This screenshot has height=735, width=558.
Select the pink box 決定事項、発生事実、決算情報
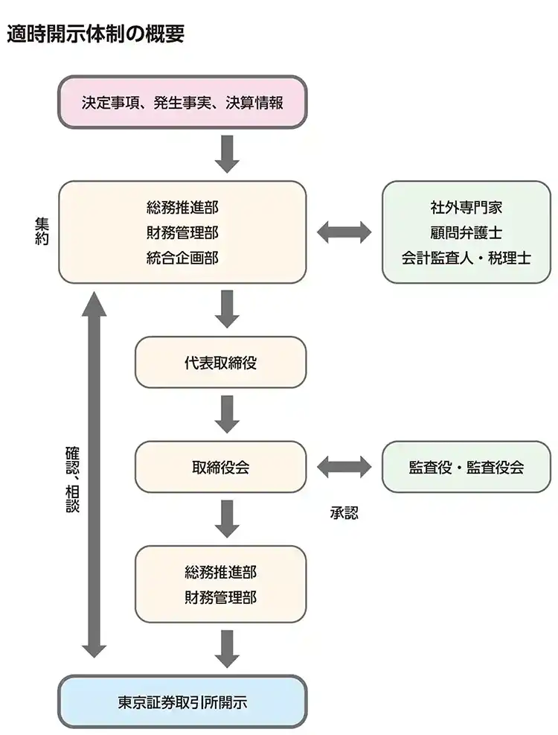click(182, 103)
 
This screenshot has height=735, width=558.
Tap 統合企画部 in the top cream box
click(182, 258)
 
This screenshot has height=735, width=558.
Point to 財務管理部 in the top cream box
click(182, 232)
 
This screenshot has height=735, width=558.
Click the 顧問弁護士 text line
click(466, 232)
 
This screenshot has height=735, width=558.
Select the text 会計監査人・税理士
click(466, 258)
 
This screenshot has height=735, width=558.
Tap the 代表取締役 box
click(220, 363)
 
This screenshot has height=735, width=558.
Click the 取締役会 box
click(220, 467)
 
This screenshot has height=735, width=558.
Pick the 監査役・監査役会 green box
click(466, 467)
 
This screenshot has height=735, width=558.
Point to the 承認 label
click(344, 513)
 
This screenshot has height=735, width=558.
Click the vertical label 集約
click(42, 232)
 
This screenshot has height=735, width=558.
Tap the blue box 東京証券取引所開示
click(182, 701)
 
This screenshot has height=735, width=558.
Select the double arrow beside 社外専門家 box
click(344, 232)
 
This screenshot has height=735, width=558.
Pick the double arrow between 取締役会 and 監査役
click(344, 467)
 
